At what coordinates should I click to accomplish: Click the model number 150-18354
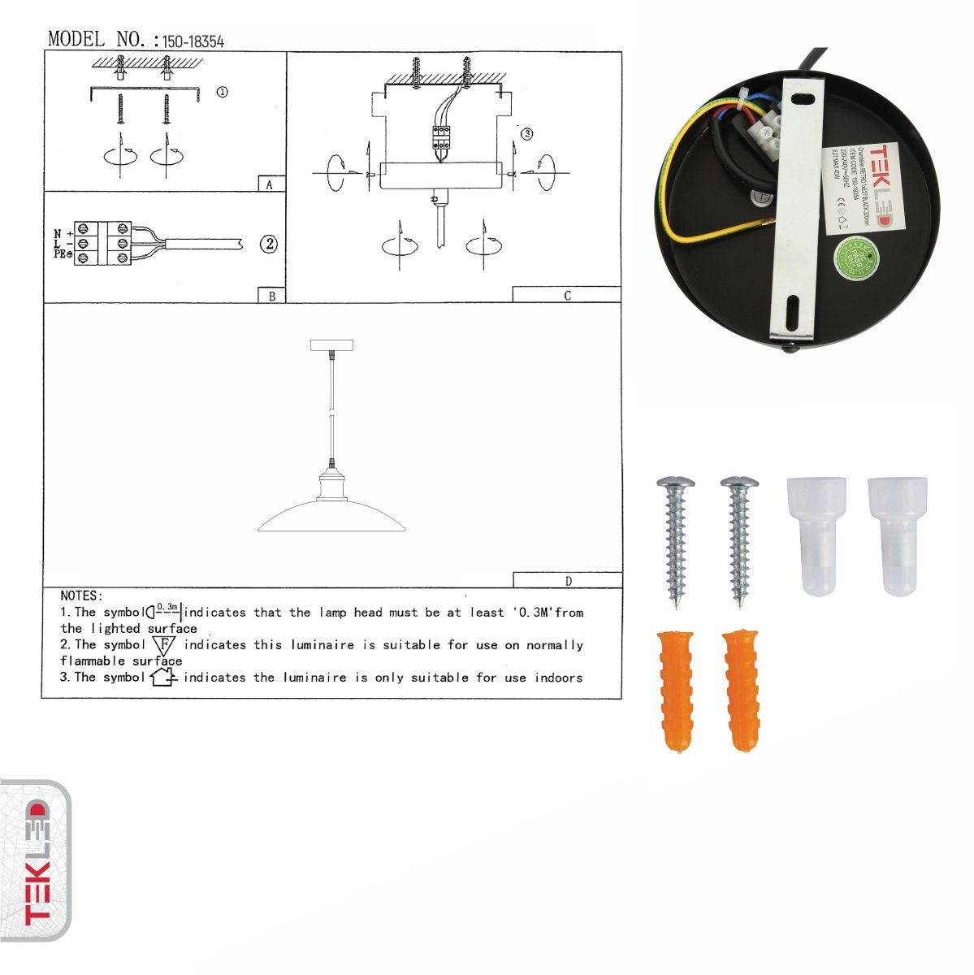point(193,41)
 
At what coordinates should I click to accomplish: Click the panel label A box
point(271,184)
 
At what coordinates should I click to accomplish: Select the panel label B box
point(271,296)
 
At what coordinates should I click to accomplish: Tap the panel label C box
point(567,295)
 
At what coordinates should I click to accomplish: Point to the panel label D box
point(567,580)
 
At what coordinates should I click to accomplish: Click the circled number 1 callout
point(222,92)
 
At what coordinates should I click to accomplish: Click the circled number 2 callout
point(269,243)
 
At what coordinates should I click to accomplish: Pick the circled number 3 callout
point(526,133)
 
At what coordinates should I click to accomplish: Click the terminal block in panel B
point(103,243)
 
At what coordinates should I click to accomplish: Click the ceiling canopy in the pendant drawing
point(332,345)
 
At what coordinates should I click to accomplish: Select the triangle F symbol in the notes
point(164,646)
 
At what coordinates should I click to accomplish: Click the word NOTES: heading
point(81,596)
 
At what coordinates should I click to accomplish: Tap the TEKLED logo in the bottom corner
point(36,862)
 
